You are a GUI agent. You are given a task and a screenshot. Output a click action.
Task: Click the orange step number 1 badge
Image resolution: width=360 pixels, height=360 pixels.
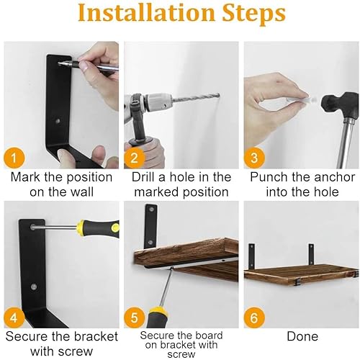click(x=14, y=158)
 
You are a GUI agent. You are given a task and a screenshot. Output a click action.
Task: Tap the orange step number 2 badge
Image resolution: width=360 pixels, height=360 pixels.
click(x=135, y=158)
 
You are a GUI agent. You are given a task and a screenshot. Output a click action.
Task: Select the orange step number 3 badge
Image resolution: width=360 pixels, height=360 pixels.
click(x=254, y=158)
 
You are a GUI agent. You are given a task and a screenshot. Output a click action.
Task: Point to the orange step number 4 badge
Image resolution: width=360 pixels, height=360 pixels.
click(x=14, y=318)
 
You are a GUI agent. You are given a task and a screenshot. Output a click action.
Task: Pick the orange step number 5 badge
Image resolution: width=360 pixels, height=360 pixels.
click(x=135, y=318)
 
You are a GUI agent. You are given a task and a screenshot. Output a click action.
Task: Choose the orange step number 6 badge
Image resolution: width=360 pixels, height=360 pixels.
click(x=254, y=318)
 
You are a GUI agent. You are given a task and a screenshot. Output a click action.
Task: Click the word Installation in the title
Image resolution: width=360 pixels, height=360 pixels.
click(x=146, y=13)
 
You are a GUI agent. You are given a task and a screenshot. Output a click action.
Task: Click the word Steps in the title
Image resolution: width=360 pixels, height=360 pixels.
click(x=253, y=14)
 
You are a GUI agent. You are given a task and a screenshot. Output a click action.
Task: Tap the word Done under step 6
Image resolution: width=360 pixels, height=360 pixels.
click(x=302, y=336)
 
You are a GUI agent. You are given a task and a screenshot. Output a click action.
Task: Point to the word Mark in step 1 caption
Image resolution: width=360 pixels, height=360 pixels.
click(x=25, y=177)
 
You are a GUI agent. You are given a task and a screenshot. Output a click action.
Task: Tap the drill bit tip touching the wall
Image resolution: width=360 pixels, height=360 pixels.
click(x=218, y=95)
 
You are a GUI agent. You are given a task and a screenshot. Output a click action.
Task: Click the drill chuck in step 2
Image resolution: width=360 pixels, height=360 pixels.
click(x=158, y=103)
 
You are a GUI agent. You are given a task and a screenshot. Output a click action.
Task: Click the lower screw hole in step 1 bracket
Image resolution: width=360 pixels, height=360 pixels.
click(x=58, y=121)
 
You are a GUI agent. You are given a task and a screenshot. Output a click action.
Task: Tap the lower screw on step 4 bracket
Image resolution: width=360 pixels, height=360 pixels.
click(x=34, y=286)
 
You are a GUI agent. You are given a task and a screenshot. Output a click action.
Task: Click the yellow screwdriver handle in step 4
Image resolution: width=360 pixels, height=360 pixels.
click(x=98, y=228)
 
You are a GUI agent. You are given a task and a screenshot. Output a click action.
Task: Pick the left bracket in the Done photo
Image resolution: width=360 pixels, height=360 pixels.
click(x=251, y=256)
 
